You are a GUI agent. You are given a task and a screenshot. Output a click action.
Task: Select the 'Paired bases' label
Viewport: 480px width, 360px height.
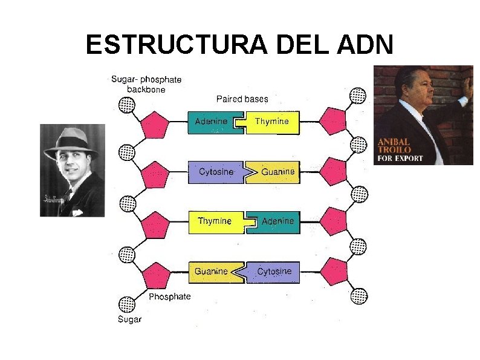click(242, 99)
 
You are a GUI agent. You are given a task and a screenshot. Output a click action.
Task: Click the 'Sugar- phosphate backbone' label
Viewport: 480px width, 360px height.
click(146, 83)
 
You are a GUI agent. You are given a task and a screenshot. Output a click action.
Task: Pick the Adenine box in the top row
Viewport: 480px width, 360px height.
click(213, 122)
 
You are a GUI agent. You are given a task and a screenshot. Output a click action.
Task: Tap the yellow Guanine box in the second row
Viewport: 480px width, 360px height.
click(275, 172)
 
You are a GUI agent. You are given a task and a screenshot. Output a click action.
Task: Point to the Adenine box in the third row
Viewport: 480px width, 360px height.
click(276, 222)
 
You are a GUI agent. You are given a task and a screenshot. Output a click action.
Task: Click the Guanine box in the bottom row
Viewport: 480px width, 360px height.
click(213, 272)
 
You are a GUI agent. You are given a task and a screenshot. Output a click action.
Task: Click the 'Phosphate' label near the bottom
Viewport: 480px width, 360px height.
click(170, 296)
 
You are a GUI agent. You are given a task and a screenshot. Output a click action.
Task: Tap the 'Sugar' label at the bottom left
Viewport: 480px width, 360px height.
click(129, 319)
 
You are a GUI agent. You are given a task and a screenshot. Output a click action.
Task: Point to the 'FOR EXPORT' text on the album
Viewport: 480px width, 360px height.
click(400, 159)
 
